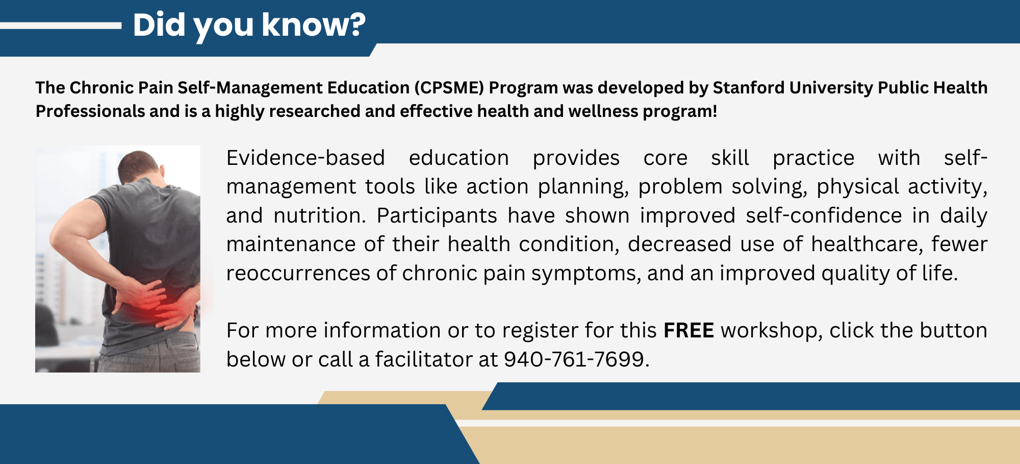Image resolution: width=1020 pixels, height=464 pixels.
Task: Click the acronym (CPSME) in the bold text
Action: [449, 88]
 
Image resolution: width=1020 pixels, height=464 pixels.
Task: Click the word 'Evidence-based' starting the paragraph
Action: [305, 158]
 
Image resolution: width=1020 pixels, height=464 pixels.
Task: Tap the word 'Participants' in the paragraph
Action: [437, 216]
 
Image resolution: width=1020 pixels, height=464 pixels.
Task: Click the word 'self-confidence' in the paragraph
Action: [824, 216]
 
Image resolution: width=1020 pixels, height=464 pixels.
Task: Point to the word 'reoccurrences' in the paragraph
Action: [298, 274]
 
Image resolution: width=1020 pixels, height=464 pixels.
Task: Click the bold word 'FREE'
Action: [688, 331]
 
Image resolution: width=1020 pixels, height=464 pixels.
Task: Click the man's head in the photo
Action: [140, 166]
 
